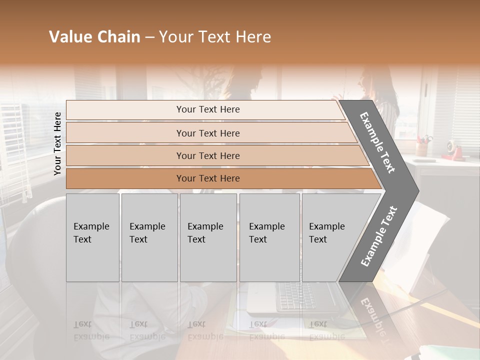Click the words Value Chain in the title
[94, 37]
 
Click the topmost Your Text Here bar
[208, 109]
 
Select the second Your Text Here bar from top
[208, 133]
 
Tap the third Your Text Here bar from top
[208, 155]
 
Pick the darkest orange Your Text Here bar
[208, 178]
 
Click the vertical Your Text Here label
[57, 143]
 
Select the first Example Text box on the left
[92, 237]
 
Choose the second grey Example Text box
[149, 237]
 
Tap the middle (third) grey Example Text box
[207, 237]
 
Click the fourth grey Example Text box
[269, 237]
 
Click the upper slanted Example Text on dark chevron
[377, 142]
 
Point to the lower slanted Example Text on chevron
[379, 236]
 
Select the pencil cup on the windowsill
[423, 147]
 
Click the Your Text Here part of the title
[215, 37]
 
